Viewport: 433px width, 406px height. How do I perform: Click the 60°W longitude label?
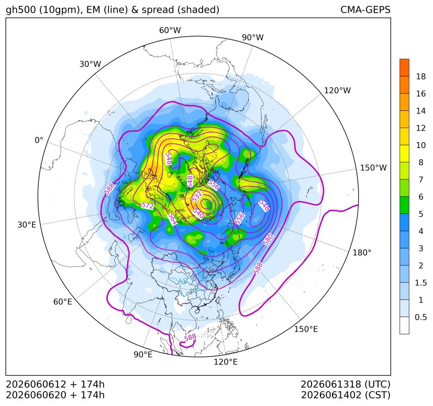click(x=170, y=30)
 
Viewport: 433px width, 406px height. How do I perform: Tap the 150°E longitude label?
click(x=306, y=329)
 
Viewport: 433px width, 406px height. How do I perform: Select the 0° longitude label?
click(x=39, y=140)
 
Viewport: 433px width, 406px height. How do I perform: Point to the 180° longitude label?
click(x=362, y=253)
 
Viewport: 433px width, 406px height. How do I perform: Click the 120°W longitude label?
click(x=337, y=91)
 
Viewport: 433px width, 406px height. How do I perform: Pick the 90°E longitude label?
click(x=143, y=355)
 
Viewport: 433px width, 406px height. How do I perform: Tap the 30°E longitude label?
click(x=27, y=224)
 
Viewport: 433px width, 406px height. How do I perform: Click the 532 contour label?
click(x=197, y=196)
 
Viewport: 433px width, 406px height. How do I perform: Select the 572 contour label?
click(x=147, y=206)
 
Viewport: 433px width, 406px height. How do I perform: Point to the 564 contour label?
click(x=172, y=219)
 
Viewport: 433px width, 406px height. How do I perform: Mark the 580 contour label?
click(x=268, y=240)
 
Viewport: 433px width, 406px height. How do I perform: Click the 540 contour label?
click(x=198, y=213)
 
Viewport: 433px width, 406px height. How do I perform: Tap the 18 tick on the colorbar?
click(x=421, y=76)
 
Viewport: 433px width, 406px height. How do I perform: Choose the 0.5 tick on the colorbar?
click(x=420, y=317)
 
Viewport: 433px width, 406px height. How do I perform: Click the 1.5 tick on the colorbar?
click(x=420, y=283)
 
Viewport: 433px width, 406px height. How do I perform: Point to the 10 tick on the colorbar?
click(x=421, y=145)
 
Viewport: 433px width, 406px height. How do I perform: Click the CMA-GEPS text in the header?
click(x=365, y=9)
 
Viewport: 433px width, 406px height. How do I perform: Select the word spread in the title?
click(x=157, y=10)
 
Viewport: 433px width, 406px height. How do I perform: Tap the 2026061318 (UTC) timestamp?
click(x=346, y=384)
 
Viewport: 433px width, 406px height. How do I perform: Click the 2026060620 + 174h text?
click(x=55, y=395)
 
